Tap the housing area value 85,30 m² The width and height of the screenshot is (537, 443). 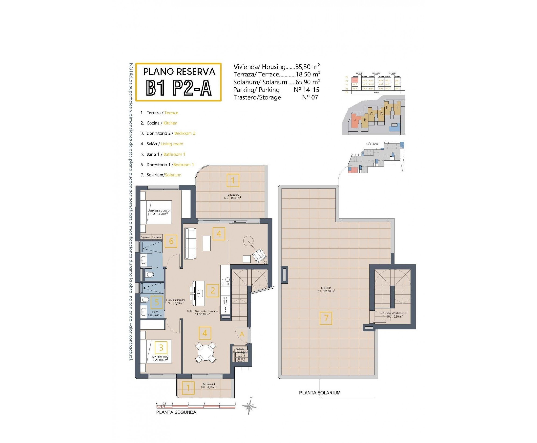(x=307, y=67)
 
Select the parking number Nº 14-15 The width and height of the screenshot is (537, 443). (x=306, y=90)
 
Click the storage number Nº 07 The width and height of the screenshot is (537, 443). (x=310, y=97)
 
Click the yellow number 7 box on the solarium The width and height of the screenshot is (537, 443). (x=326, y=318)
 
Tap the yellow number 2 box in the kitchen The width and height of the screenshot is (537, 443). (x=213, y=291)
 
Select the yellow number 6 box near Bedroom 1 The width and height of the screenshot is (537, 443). (x=171, y=241)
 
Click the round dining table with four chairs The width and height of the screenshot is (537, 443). (x=206, y=353)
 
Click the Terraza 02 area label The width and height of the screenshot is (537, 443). (x=232, y=196)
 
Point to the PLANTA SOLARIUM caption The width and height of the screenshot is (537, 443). (x=319, y=393)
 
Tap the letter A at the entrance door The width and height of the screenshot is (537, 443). (x=242, y=334)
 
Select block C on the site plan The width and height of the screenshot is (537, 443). (x=372, y=114)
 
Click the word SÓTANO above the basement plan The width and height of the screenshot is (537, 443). (x=373, y=144)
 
